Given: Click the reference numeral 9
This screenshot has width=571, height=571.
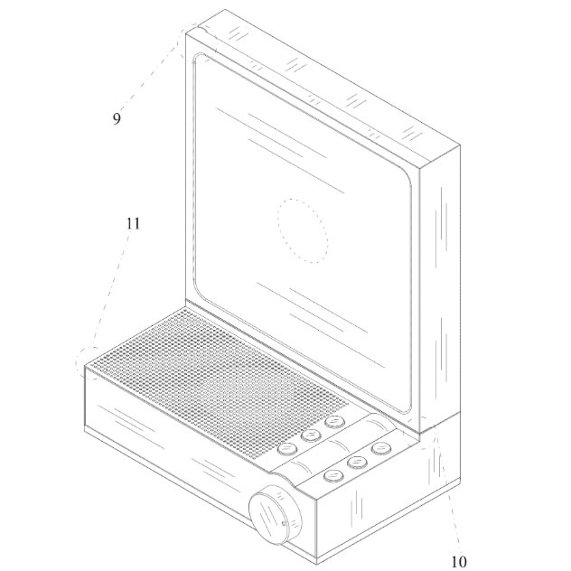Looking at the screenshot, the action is [x=117, y=118].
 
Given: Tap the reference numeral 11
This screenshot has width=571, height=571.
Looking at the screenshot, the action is [x=133, y=223].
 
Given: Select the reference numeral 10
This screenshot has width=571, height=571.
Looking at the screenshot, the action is [x=459, y=562].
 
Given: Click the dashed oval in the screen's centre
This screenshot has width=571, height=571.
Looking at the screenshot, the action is [x=303, y=230].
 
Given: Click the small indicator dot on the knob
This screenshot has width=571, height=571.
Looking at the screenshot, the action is [x=284, y=524].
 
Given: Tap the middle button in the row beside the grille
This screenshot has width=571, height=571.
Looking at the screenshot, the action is [x=311, y=435].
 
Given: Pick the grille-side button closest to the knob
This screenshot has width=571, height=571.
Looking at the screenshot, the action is [x=287, y=449].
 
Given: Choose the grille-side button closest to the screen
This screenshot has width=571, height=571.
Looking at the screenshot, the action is [x=335, y=422].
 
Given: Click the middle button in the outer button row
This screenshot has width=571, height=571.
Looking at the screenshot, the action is [x=357, y=462].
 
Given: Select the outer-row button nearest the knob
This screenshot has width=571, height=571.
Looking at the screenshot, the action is [x=333, y=475].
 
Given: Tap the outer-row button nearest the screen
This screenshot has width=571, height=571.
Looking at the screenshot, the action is [x=381, y=448].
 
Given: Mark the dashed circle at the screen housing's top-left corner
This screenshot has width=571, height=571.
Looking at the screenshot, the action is [x=198, y=42].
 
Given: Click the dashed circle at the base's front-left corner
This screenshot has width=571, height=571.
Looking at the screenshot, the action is [x=90, y=363].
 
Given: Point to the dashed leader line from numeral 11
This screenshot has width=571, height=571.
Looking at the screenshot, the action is [x=110, y=290].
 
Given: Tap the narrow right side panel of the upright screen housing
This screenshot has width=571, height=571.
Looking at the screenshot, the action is [x=440, y=287].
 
